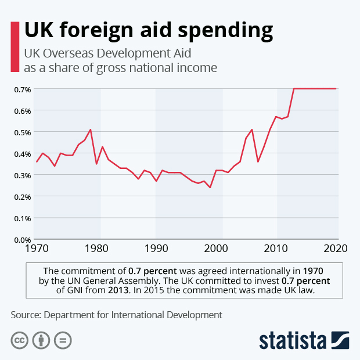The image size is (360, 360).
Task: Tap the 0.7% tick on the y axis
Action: click(x=22, y=89)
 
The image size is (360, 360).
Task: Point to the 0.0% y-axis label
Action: click(x=22, y=239)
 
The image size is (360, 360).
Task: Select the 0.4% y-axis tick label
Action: click(x=22, y=154)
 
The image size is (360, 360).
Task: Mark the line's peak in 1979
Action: click(x=91, y=129)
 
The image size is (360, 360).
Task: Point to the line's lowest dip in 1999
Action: click(x=210, y=188)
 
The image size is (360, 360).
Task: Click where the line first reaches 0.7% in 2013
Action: click(x=294, y=89)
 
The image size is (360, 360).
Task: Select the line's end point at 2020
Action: click(x=336, y=89)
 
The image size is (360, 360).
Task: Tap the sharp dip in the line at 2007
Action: click(x=258, y=161)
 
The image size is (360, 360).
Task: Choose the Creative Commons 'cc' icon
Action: click(x=20, y=340)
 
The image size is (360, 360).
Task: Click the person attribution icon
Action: click(x=41, y=340)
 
